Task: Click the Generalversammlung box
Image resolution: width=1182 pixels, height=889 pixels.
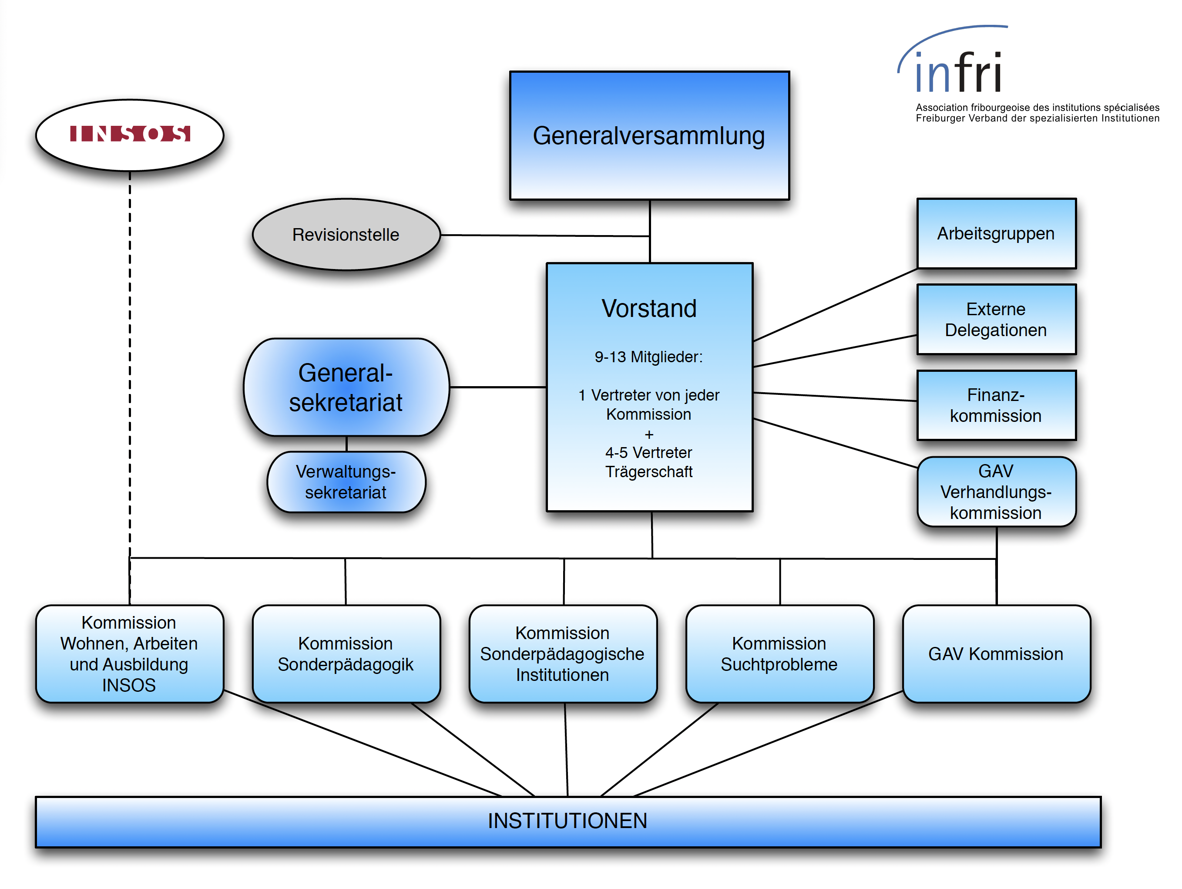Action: pyautogui.click(x=649, y=136)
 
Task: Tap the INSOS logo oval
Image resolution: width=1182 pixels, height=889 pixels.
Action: pyautogui.click(x=129, y=135)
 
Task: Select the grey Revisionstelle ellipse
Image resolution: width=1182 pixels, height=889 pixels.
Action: pyautogui.click(x=346, y=235)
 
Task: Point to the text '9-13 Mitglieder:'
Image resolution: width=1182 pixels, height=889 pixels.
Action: pyautogui.click(x=649, y=357)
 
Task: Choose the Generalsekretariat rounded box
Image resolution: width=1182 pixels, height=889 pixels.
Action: pyautogui.click(x=346, y=387)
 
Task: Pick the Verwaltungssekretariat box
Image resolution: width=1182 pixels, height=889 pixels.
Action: pyautogui.click(x=346, y=482)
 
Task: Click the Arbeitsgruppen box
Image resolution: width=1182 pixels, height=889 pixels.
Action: pyautogui.click(x=996, y=234)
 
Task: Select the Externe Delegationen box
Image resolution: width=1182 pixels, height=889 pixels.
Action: pyautogui.click(x=996, y=319)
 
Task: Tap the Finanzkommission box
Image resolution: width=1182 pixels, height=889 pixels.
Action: pyautogui.click(x=996, y=405)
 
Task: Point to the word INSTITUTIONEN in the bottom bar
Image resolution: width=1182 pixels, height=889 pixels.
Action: pyautogui.click(x=567, y=821)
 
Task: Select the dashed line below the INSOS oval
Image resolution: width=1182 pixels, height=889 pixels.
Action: pyautogui.click(x=130, y=364)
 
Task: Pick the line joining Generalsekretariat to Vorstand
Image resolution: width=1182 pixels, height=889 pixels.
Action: pyautogui.click(x=497, y=387)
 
